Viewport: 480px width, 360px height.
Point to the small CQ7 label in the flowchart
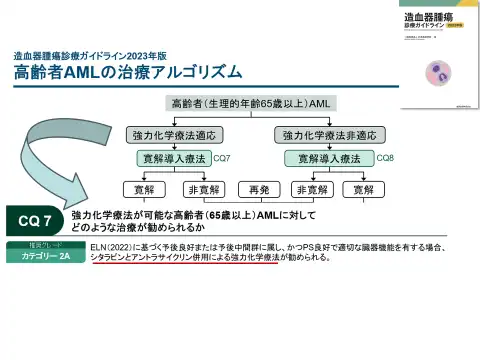(222, 158)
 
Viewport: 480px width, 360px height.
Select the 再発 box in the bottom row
(260, 188)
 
